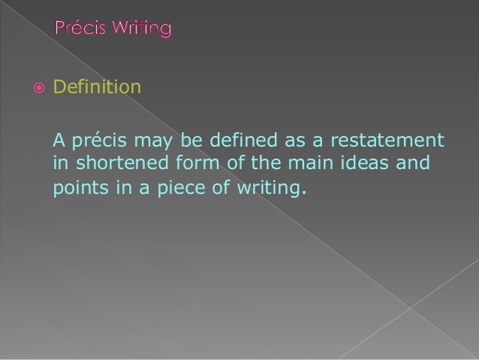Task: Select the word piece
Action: coord(179,186)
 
